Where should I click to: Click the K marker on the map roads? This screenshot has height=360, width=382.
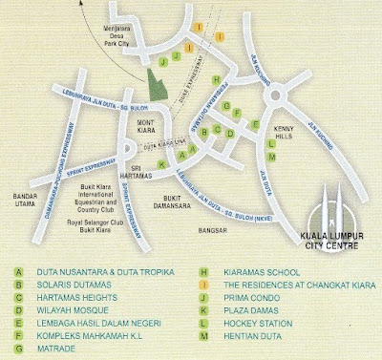point(163,165)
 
